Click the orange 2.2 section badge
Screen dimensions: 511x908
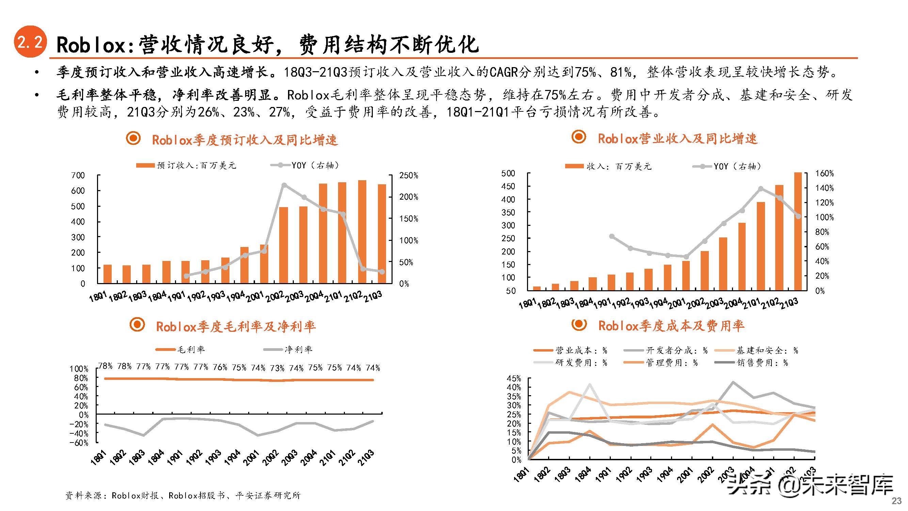30,42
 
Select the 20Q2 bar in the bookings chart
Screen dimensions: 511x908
283,245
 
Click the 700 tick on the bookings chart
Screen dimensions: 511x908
78,175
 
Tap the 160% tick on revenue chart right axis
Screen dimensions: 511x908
825,173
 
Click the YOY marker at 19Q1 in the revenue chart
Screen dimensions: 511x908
611,236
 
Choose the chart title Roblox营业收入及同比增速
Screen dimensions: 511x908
677,139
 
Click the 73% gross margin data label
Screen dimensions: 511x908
277,368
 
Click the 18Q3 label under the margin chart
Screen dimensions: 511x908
137,458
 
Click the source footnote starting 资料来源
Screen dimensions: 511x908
183,495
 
